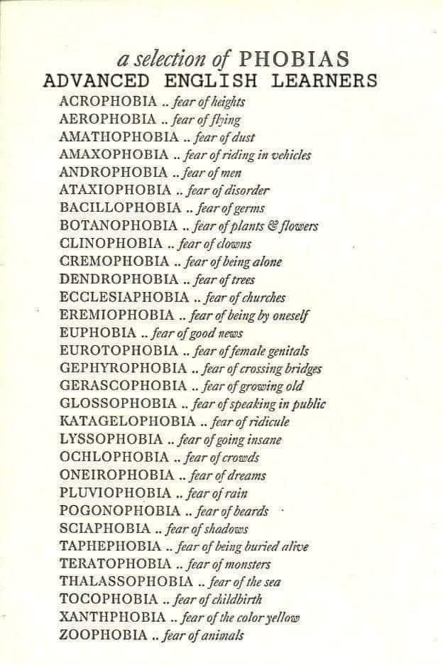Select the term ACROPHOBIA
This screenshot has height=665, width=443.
[x=108, y=102]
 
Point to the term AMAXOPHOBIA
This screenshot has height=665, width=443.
[x=114, y=155]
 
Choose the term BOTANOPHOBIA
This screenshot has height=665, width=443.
[x=119, y=226]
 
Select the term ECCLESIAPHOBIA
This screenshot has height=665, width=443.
[x=124, y=297]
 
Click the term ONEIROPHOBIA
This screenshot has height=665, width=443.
[x=116, y=475]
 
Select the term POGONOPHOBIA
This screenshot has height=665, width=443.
[x=120, y=511]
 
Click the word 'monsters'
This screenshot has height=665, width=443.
[x=248, y=564]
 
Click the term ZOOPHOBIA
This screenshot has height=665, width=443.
[x=104, y=635]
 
